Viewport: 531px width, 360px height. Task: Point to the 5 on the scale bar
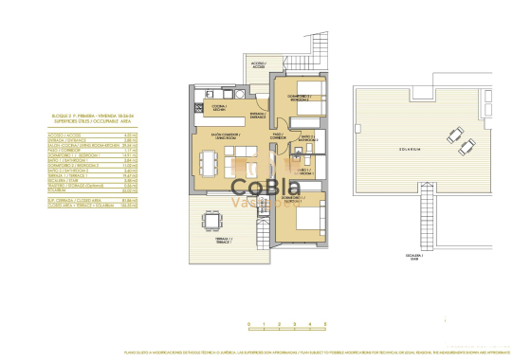click(x=324, y=324)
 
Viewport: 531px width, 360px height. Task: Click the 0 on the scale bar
click(x=248, y=324)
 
